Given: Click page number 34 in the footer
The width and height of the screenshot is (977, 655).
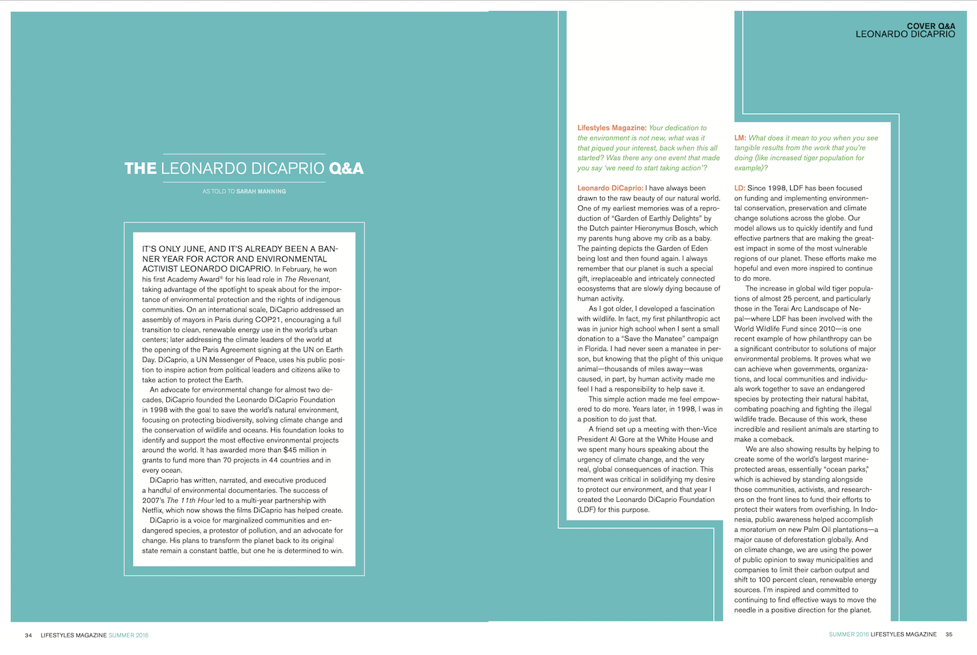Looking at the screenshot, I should tap(28, 635).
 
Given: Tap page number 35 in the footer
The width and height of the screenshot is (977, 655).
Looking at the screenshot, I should tap(949, 634).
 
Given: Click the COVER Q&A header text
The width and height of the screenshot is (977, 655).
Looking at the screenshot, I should tap(931, 26).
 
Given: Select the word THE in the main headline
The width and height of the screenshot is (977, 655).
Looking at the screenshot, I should tap(140, 169).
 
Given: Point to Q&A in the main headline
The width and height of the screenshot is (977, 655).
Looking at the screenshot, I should tap(347, 169).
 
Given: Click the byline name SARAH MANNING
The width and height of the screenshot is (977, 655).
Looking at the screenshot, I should tap(261, 191).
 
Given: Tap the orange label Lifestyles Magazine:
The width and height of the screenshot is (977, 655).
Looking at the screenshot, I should tap(612, 128).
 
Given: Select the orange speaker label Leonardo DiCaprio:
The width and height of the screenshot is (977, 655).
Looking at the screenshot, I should tap(610, 188).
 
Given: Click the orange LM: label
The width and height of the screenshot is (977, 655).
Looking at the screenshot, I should tap(740, 138).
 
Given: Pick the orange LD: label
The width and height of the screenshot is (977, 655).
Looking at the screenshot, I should tap(740, 188).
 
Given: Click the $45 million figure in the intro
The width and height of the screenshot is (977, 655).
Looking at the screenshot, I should tap(305, 450).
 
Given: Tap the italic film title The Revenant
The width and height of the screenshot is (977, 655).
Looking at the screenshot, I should tap(307, 279).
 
